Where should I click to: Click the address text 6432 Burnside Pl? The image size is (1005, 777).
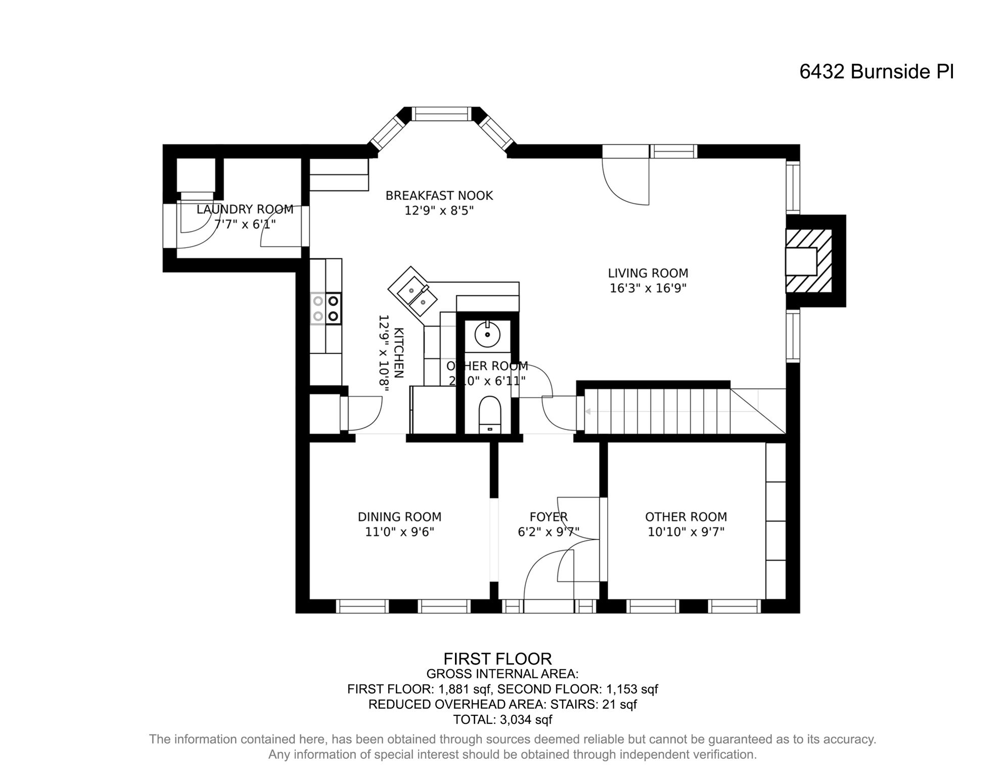pos(876,72)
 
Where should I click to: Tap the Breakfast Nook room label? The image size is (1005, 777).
pos(439,196)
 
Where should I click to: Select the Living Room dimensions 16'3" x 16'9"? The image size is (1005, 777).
pos(648,288)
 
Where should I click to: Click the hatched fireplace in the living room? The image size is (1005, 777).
pos(809,262)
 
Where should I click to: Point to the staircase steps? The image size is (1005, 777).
pos(657,411)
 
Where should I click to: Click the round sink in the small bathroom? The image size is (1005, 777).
pos(487,334)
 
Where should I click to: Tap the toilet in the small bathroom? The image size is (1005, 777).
pos(489,415)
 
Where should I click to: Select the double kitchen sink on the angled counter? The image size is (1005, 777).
pos(417,297)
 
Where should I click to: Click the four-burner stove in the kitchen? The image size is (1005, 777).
pos(326,309)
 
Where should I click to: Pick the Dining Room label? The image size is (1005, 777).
pos(399,517)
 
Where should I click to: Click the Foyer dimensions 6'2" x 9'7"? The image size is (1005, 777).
pos(549,532)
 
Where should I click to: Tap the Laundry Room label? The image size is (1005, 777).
pos(245,209)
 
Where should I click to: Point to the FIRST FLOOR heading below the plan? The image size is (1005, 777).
pos(497,659)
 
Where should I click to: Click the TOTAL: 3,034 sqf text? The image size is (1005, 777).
pos(502,719)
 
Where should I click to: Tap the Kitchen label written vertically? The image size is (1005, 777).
pos(398,353)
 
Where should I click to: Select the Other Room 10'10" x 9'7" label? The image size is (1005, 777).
pos(686,524)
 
